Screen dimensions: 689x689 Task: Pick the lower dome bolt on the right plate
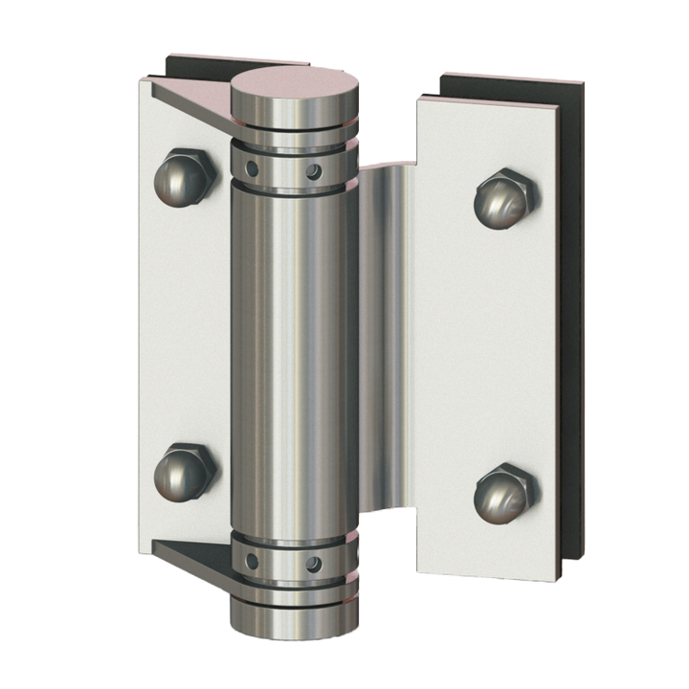(505, 492)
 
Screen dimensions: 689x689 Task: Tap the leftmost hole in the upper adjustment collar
(252, 167)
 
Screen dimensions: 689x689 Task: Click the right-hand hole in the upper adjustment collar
(312, 172)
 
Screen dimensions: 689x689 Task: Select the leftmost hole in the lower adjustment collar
(251, 559)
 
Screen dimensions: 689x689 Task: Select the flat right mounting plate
(488, 344)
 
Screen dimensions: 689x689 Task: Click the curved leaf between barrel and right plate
(388, 335)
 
